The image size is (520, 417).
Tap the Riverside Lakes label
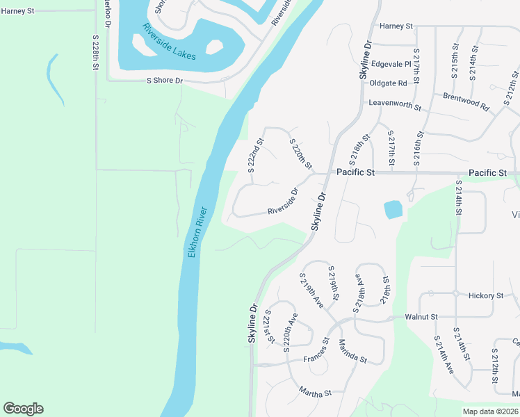point(170,41)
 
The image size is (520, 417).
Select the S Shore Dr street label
point(164,81)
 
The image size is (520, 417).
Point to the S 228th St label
point(95,51)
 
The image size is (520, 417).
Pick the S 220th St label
point(300,153)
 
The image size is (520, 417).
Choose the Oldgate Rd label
point(388,83)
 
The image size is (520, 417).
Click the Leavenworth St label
point(395,106)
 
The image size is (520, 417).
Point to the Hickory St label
point(485,295)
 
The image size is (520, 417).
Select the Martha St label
point(316,392)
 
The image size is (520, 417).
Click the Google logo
point(23,409)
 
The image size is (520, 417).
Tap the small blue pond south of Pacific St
point(393,209)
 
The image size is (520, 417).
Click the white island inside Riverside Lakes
point(215,48)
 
